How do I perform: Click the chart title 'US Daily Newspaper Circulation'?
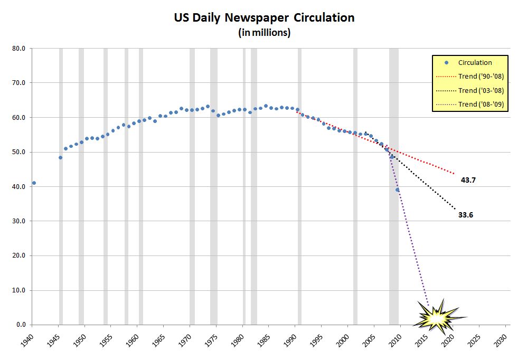pyautogui.click(x=264, y=17)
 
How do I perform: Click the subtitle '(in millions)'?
pyautogui.click(x=264, y=33)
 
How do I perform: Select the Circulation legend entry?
pyautogui.click(x=475, y=62)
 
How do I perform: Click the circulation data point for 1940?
pyautogui.click(x=34, y=183)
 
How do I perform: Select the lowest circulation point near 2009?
pyautogui.click(x=398, y=190)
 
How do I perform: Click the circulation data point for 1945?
pyautogui.click(x=60, y=157)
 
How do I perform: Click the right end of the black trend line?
pyautogui.click(x=455, y=209)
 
